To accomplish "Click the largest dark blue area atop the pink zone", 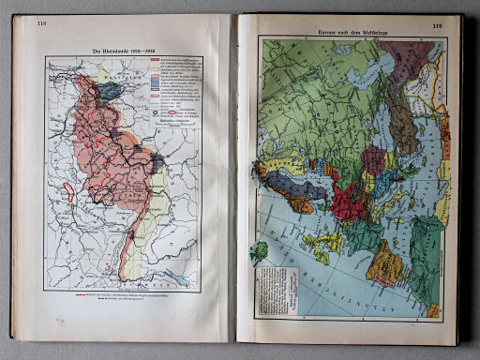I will [112, 91].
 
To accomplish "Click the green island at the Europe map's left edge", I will [260, 251].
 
